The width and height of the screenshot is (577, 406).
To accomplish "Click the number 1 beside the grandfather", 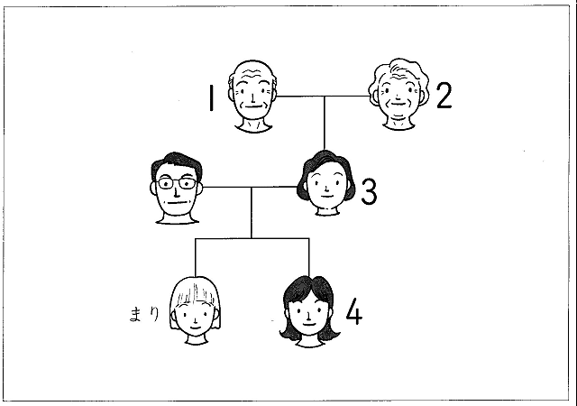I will tap(210, 97).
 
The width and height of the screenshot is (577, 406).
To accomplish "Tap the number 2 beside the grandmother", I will tap(442, 95).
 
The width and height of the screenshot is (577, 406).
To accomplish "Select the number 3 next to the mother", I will tap(368, 191).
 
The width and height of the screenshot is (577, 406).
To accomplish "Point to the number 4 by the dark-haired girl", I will tap(354, 313).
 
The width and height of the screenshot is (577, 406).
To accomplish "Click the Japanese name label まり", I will tap(145, 314).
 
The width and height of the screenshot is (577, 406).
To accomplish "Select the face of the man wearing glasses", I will tap(177, 191).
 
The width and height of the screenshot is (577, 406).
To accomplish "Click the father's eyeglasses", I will tap(177, 183).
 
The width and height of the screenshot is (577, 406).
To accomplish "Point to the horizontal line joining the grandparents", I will tap(323, 95).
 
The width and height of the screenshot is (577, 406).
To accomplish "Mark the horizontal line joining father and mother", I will tap(251, 188).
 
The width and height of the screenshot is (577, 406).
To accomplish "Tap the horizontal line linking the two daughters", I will tap(252, 238).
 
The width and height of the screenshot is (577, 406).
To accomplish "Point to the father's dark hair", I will tap(177, 162).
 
